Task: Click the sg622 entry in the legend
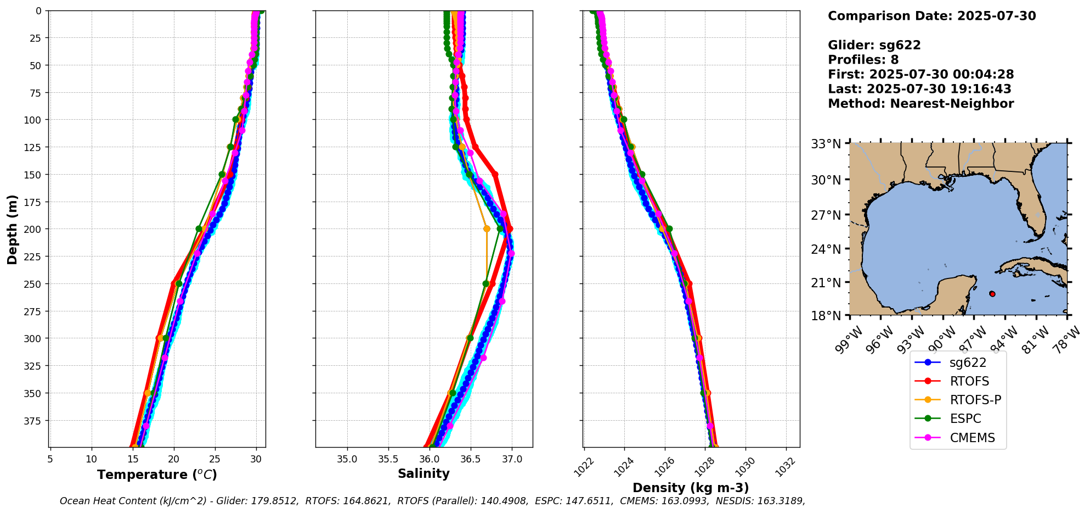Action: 968,363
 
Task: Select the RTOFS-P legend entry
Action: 975,400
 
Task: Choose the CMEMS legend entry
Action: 972,438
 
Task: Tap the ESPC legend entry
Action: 965,419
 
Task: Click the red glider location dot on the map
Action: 992,294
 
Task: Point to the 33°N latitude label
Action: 826,144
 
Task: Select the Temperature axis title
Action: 157,475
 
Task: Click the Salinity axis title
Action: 423,473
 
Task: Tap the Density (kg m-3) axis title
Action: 691,488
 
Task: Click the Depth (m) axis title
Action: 12,229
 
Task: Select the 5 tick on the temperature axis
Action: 50,459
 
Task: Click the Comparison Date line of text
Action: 931,16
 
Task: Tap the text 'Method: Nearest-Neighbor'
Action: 920,103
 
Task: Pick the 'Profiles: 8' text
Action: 863,60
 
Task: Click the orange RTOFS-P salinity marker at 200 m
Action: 487,228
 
